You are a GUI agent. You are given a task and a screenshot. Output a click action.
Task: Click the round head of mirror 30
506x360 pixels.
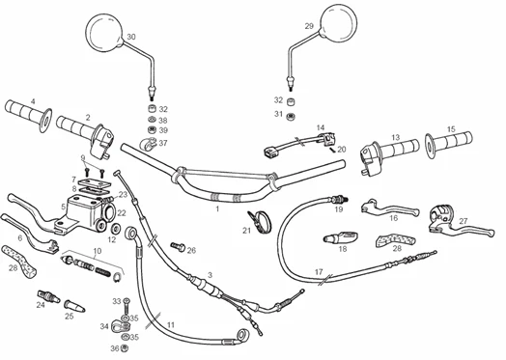(105, 32)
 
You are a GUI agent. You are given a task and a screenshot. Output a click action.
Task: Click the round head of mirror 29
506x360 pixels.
(339, 22)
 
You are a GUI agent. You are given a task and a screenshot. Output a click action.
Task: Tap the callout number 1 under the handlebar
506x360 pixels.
(217, 209)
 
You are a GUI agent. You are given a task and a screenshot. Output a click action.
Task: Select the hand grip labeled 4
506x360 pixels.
(28, 115)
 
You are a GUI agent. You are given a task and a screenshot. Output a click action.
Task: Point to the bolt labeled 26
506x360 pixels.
(178, 247)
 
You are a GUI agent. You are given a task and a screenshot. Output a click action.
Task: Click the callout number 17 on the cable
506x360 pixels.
(319, 272)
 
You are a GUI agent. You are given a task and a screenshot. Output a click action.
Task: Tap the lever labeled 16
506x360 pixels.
(389, 208)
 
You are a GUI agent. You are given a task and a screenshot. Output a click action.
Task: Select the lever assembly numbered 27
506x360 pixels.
(459, 223)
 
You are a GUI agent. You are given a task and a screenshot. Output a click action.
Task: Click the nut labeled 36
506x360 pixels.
(126, 348)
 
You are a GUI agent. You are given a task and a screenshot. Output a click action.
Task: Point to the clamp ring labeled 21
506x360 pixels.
(260, 221)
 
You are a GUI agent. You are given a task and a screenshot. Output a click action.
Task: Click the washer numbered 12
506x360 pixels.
(116, 229)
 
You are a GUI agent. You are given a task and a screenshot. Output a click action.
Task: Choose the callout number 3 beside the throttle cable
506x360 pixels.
(211, 275)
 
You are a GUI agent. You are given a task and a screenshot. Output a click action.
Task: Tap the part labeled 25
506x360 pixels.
(74, 306)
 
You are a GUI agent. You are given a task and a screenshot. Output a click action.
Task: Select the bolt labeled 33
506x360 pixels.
(126, 306)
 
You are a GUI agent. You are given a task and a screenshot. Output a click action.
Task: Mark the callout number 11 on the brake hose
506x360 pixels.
(171, 325)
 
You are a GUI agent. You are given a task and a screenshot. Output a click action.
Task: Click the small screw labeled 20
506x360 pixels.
(332, 149)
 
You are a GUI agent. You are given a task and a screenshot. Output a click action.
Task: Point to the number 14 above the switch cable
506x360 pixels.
(321, 127)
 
